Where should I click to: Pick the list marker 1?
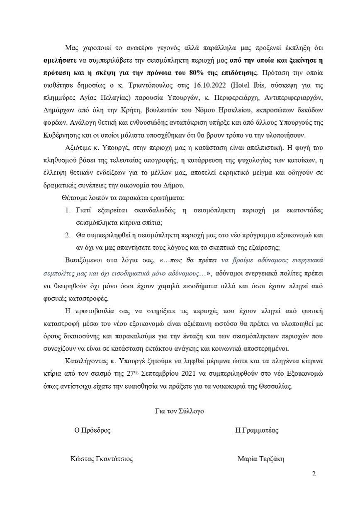pos(68,211)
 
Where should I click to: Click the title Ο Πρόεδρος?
pos(92,430)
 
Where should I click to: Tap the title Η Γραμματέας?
pos(257,430)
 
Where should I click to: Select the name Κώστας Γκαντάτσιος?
pos(102,459)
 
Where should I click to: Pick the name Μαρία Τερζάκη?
pos(261,459)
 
